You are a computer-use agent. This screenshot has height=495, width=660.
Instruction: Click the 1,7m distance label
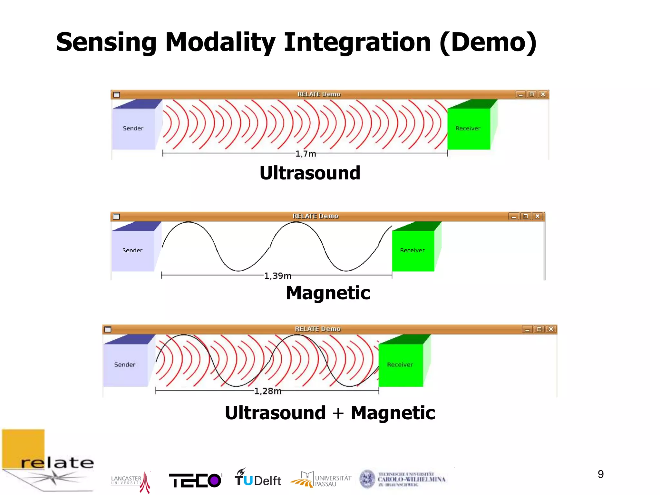(306, 154)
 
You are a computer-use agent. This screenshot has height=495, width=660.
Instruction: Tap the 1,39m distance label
(277, 276)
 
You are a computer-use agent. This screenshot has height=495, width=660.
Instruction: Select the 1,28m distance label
(267, 391)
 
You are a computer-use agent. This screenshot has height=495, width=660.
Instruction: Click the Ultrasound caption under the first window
(310, 173)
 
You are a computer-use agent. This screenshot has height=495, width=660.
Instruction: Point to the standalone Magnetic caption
(328, 293)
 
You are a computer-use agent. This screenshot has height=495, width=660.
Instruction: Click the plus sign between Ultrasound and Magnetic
(338, 413)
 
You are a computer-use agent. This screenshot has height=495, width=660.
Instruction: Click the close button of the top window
(543, 94)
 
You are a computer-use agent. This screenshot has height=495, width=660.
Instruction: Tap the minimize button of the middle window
(514, 216)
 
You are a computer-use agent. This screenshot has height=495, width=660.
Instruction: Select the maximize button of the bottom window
(539, 329)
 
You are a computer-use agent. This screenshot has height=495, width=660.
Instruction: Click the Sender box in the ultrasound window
(133, 129)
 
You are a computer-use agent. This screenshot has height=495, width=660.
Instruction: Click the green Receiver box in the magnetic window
(413, 250)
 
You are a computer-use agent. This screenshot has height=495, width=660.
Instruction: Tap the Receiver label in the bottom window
(400, 365)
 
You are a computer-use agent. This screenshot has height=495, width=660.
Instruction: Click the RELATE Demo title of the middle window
(315, 216)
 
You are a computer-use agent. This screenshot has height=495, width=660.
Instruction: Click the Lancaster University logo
(131, 481)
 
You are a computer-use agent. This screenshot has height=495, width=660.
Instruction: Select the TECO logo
(195, 480)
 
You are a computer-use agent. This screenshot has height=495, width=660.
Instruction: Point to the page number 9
(600, 474)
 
